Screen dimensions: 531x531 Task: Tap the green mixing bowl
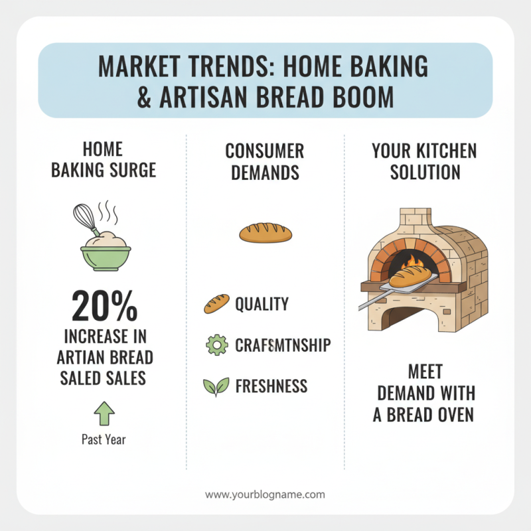point(106,256)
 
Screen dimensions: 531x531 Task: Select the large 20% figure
point(104,306)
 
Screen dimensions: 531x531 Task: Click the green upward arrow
point(104,413)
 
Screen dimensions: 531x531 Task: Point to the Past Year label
point(104,439)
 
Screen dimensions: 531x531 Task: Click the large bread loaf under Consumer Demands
point(265,232)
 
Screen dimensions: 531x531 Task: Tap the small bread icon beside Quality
point(216,304)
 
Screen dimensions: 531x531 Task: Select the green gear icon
point(216,345)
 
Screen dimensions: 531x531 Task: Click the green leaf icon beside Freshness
point(216,386)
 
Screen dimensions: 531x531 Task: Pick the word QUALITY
point(262,304)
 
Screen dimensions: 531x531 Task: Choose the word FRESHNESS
point(271,386)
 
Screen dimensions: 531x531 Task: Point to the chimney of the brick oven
point(414,219)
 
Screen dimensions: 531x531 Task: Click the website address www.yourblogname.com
point(265,494)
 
